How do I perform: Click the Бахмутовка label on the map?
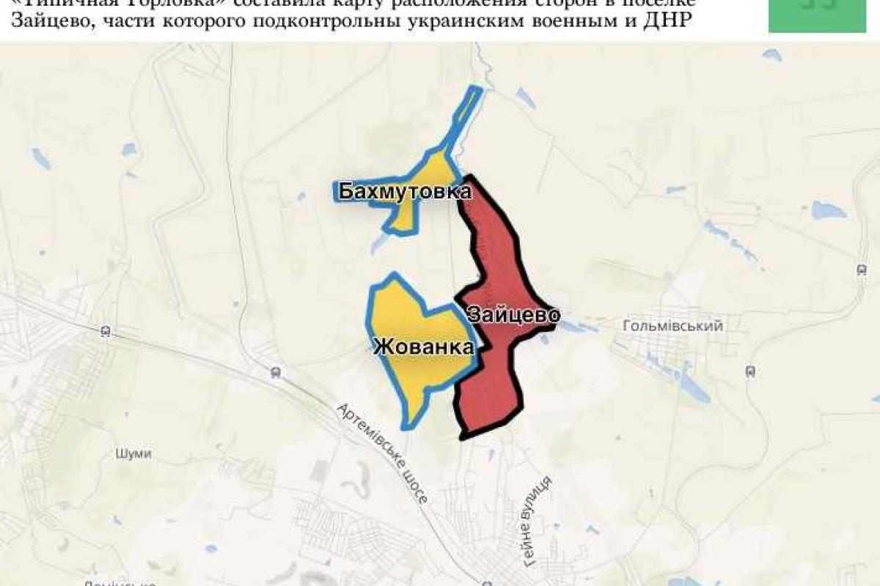click(404, 192)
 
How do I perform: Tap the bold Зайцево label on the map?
click(513, 315)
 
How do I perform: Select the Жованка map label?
click(423, 347)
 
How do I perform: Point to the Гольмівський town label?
click(672, 326)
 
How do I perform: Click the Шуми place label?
click(133, 453)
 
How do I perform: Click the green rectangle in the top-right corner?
click(817, 15)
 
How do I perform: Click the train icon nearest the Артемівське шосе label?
click(276, 371)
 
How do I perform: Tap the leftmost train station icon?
click(106, 331)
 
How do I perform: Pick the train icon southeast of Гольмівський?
click(750, 371)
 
